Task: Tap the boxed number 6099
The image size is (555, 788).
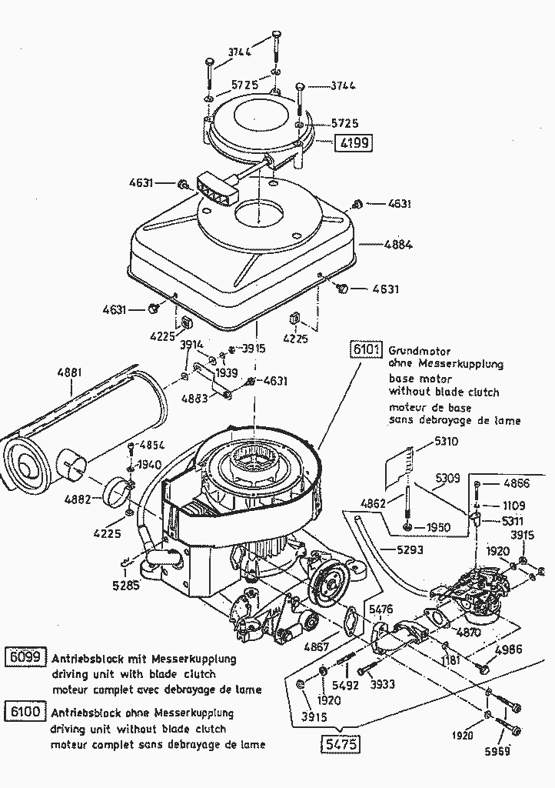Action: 25,659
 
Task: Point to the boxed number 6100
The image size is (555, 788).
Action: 25,713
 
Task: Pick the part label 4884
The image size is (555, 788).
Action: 398,245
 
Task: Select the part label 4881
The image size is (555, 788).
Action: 68,372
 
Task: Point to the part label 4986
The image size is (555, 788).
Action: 508,649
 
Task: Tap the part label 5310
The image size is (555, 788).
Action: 446,442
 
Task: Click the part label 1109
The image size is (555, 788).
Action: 514,506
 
